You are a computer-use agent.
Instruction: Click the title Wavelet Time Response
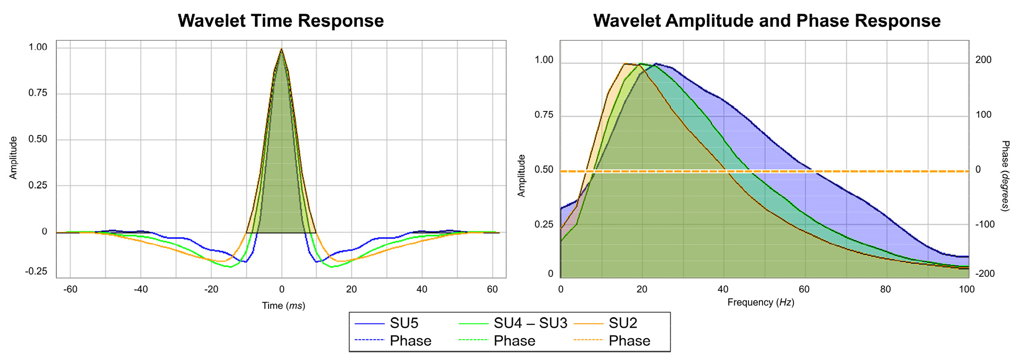(x=281, y=21)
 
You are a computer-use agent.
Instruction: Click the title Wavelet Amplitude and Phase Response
(x=766, y=21)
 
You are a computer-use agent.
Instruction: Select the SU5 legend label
(x=404, y=323)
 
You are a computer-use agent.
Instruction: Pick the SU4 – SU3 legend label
(x=530, y=323)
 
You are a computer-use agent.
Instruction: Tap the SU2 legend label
(x=623, y=323)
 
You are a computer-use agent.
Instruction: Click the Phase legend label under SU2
(x=629, y=341)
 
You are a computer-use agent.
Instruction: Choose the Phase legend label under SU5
(x=410, y=341)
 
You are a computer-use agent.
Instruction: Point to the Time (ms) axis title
(x=283, y=306)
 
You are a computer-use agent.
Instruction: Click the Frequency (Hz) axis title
(x=760, y=302)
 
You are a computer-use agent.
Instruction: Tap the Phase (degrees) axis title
(x=1005, y=176)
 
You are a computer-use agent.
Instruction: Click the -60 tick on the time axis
(x=70, y=289)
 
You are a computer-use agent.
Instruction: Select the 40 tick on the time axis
(x=422, y=289)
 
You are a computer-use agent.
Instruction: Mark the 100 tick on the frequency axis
(x=967, y=289)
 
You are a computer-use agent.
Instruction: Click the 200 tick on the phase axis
(x=984, y=60)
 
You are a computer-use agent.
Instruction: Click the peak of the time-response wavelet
(x=282, y=49)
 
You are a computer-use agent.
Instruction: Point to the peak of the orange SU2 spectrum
(x=625, y=64)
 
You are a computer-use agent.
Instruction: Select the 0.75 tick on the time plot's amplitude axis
(x=38, y=93)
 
